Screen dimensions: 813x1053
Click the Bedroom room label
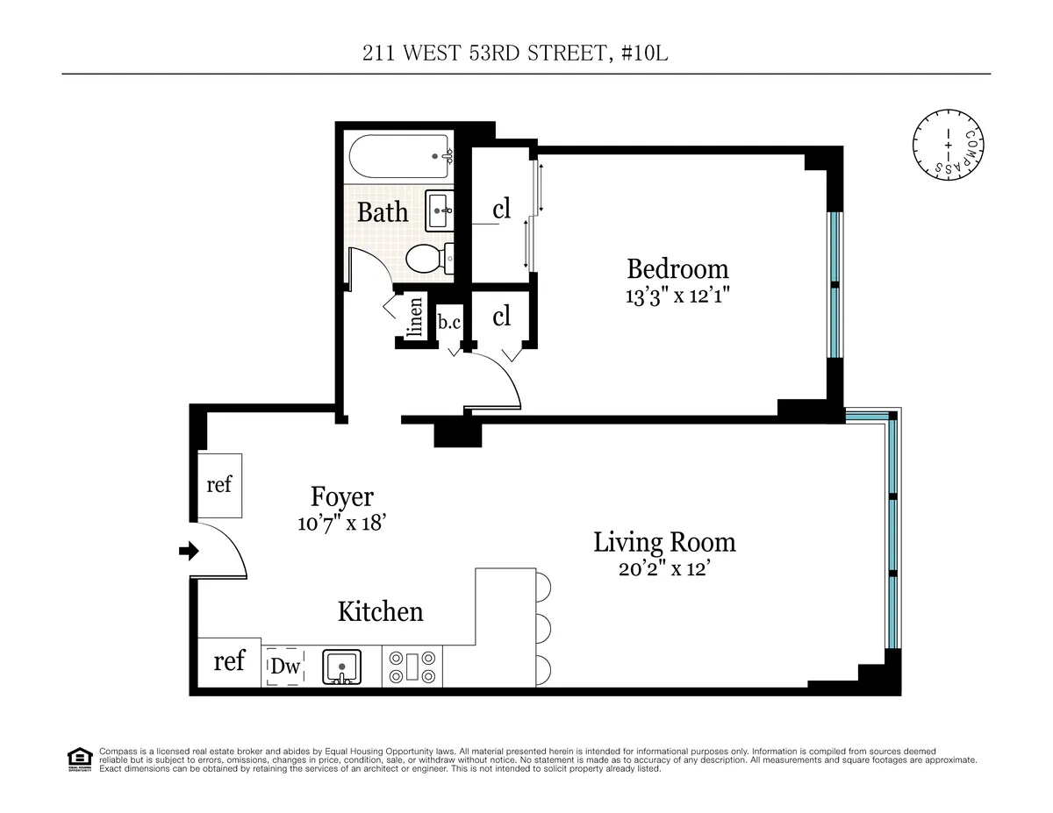click(677, 268)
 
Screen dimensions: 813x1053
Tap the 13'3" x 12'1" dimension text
click(677, 296)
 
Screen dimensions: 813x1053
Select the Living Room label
click(664, 542)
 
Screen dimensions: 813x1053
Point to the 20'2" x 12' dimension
click(664, 568)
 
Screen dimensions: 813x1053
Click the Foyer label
click(342, 497)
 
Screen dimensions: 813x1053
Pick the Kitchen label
click(380, 611)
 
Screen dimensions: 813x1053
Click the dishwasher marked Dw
click(285, 667)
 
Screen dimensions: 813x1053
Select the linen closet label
click(416, 317)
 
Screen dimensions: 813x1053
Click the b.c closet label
click(449, 322)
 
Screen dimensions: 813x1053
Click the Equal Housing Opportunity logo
click(79, 759)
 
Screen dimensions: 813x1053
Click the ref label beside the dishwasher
click(229, 660)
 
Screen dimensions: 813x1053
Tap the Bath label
click(383, 212)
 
